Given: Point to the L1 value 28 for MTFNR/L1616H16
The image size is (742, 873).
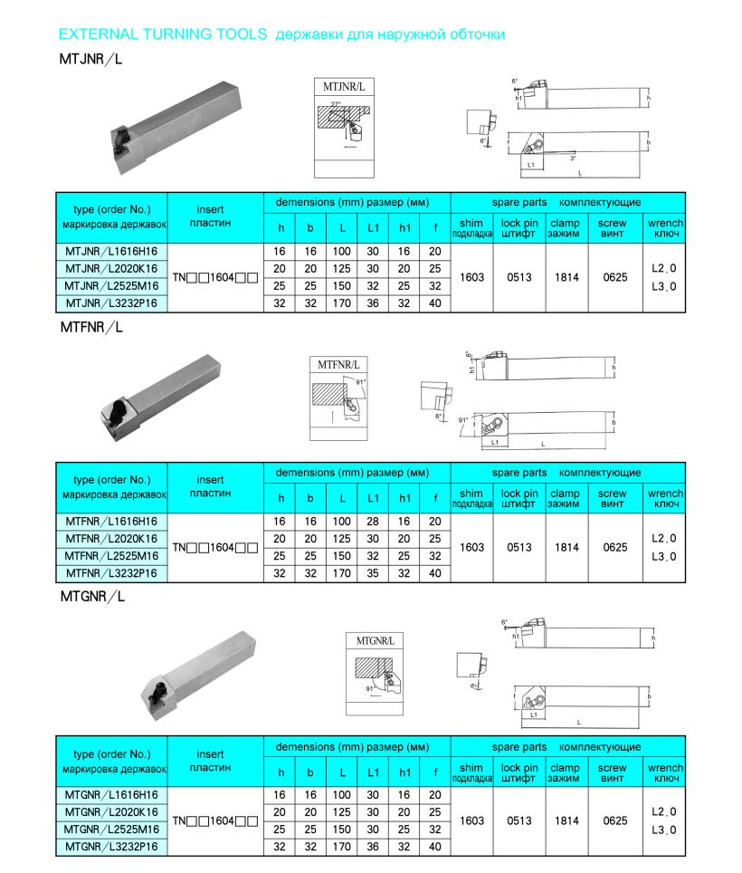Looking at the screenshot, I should [x=373, y=522].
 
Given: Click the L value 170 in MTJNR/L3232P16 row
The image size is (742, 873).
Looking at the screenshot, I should [x=341, y=303].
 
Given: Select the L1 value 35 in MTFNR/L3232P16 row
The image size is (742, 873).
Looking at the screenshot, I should [x=373, y=573].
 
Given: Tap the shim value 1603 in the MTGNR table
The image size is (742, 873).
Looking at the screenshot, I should [x=472, y=820].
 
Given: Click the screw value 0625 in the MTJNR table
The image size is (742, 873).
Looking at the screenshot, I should [x=614, y=277].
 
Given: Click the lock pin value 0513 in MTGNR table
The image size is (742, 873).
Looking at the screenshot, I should [x=518, y=820].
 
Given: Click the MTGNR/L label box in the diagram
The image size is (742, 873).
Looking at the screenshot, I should [x=374, y=640].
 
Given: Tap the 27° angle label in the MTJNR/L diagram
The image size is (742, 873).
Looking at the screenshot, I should [x=336, y=105].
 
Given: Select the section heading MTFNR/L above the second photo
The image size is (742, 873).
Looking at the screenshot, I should [x=90, y=327].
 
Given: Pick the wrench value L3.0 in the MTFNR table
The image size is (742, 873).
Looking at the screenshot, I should [x=664, y=556].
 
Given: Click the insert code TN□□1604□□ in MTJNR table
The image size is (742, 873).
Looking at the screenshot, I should [x=215, y=277].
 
